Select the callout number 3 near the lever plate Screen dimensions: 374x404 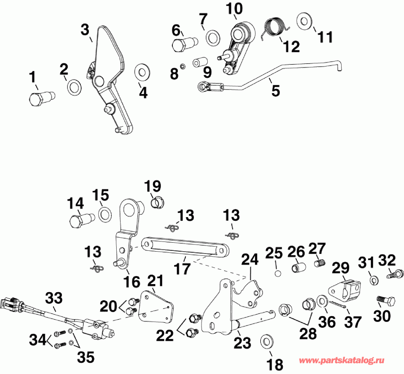point(85,31)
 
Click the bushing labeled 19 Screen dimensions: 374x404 point(158,203)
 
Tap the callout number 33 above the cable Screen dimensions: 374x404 point(54,298)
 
